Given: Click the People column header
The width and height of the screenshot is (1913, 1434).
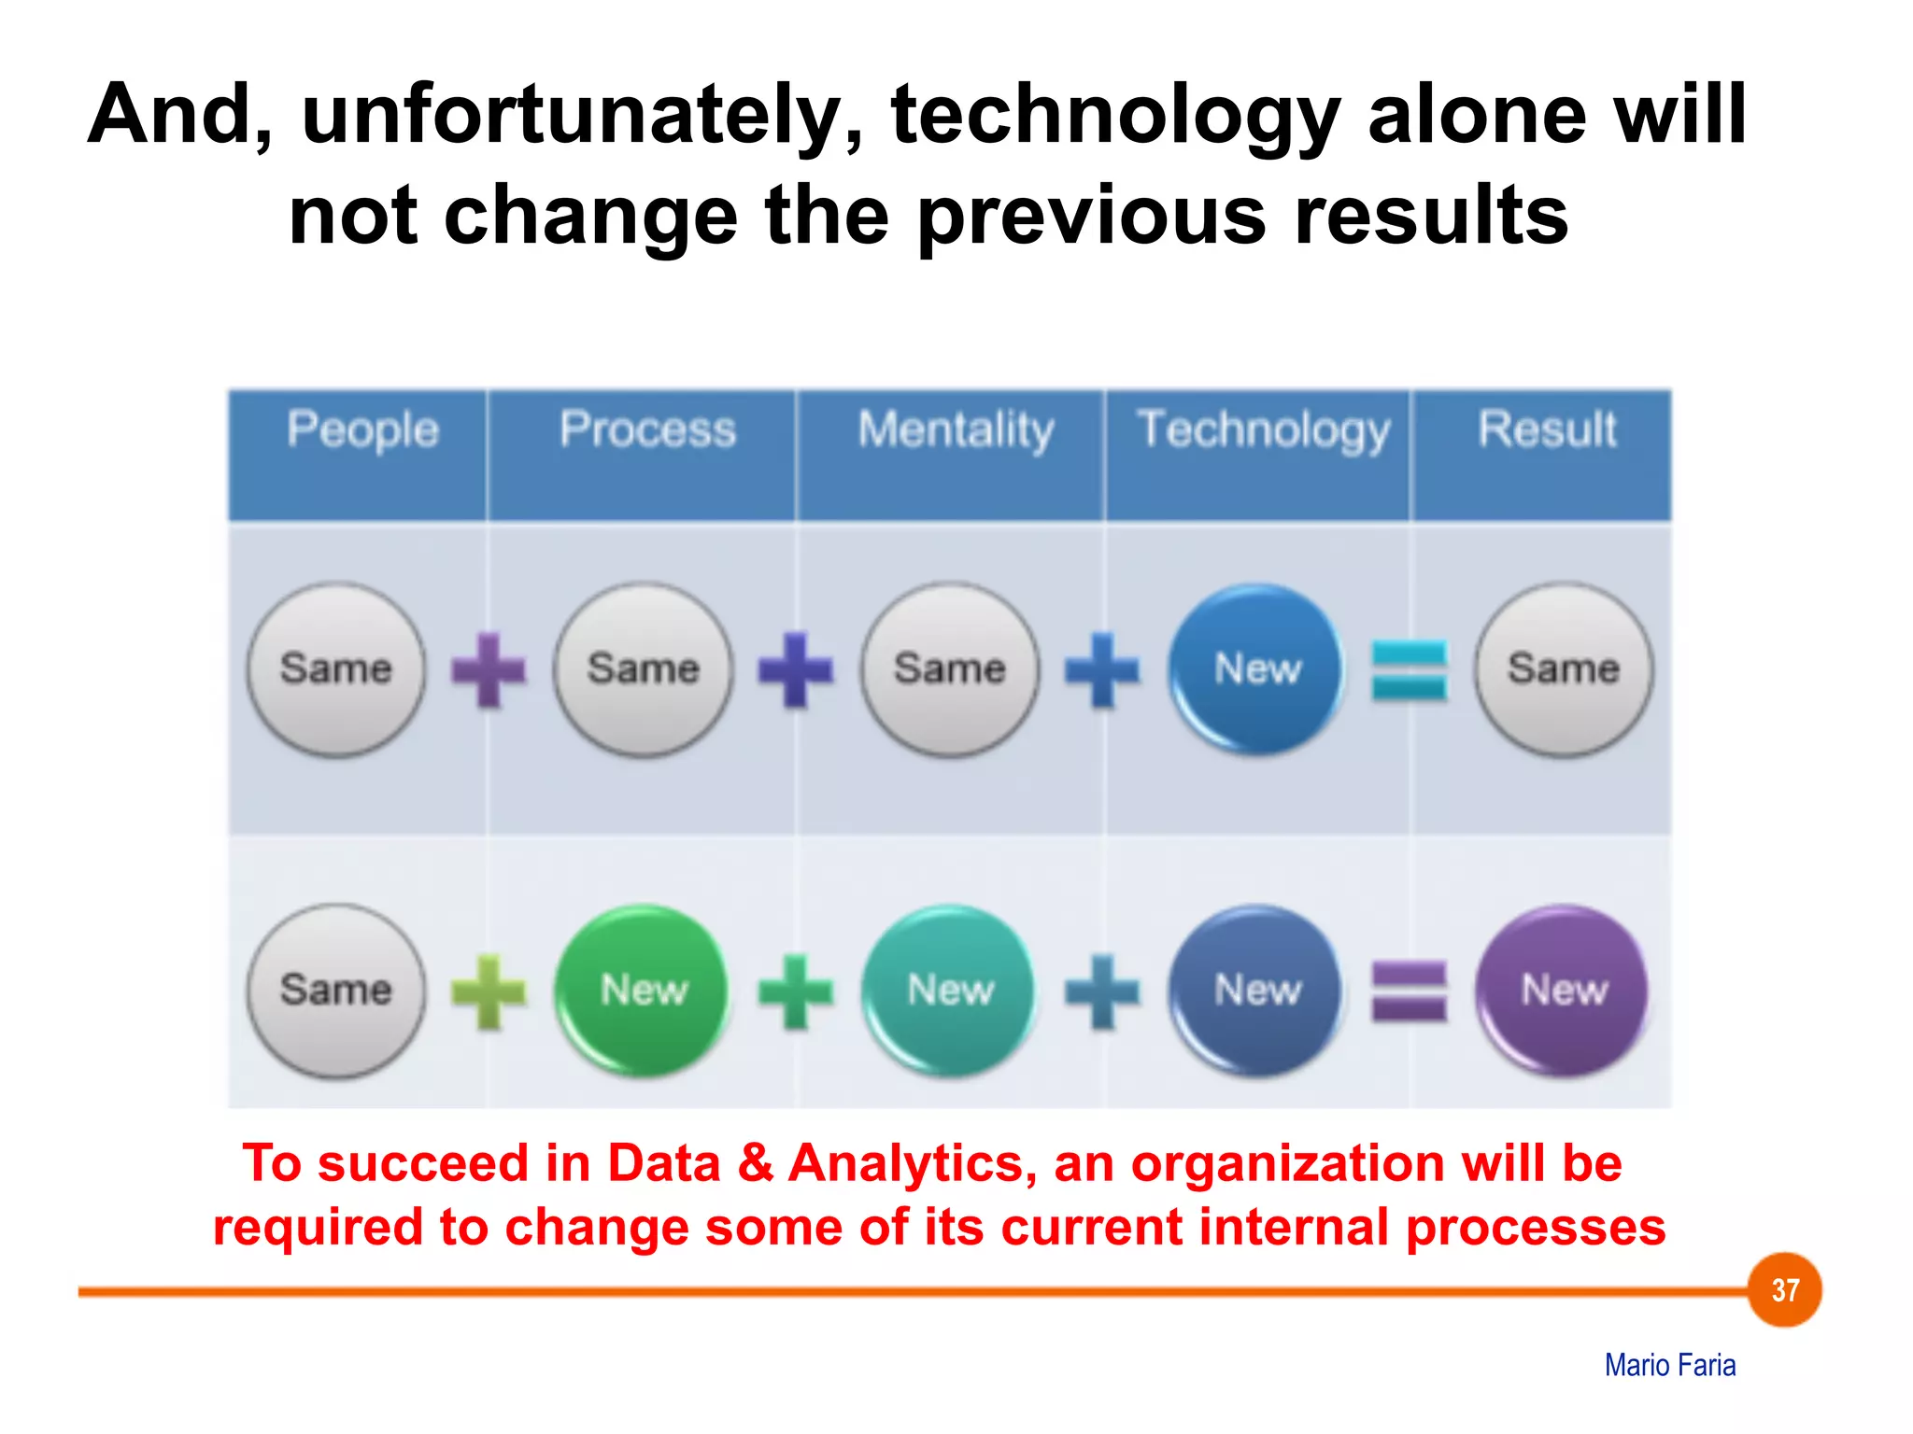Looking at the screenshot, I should (362, 430).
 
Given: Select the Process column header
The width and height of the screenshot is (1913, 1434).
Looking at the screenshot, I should (647, 430).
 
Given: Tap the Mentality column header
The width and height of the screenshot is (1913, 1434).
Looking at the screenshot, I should (956, 430).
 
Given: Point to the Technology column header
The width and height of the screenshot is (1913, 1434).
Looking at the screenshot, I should (1263, 430).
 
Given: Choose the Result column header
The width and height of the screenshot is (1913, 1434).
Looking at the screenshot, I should (1547, 430).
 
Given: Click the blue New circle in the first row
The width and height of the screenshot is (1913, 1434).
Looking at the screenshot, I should (1256, 668).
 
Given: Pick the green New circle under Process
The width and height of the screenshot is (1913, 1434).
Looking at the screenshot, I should (643, 990).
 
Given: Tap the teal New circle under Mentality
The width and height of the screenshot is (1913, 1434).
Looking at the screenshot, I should (950, 990).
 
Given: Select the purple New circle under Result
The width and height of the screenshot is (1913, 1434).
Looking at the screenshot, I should (1564, 990).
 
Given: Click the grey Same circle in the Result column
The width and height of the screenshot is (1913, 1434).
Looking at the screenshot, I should (1564, 668).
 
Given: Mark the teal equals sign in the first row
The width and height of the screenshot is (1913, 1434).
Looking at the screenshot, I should (1409, 669).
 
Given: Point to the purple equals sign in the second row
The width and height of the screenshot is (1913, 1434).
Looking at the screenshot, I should (1409, 991).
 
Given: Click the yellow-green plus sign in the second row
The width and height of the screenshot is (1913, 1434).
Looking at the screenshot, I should (489, 991).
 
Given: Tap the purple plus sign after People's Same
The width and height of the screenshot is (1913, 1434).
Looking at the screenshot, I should (489, 669).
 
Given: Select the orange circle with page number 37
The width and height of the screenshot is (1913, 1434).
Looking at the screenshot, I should (1785, 1289).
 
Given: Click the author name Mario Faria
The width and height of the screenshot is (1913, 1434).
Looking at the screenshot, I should (1669, 1365).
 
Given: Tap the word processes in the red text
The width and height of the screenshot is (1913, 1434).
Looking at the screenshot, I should (1536, 1227).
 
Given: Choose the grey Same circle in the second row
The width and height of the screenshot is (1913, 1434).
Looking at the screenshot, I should (336, 990).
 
